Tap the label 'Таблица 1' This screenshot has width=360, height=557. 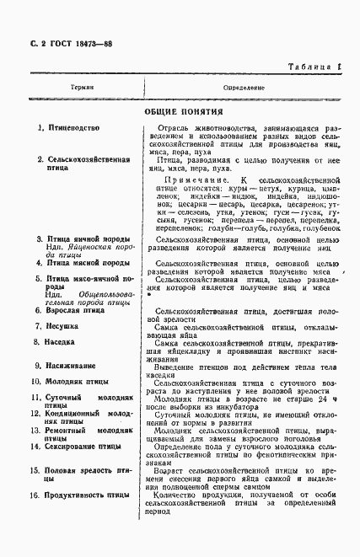314,67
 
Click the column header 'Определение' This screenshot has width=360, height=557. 244,88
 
